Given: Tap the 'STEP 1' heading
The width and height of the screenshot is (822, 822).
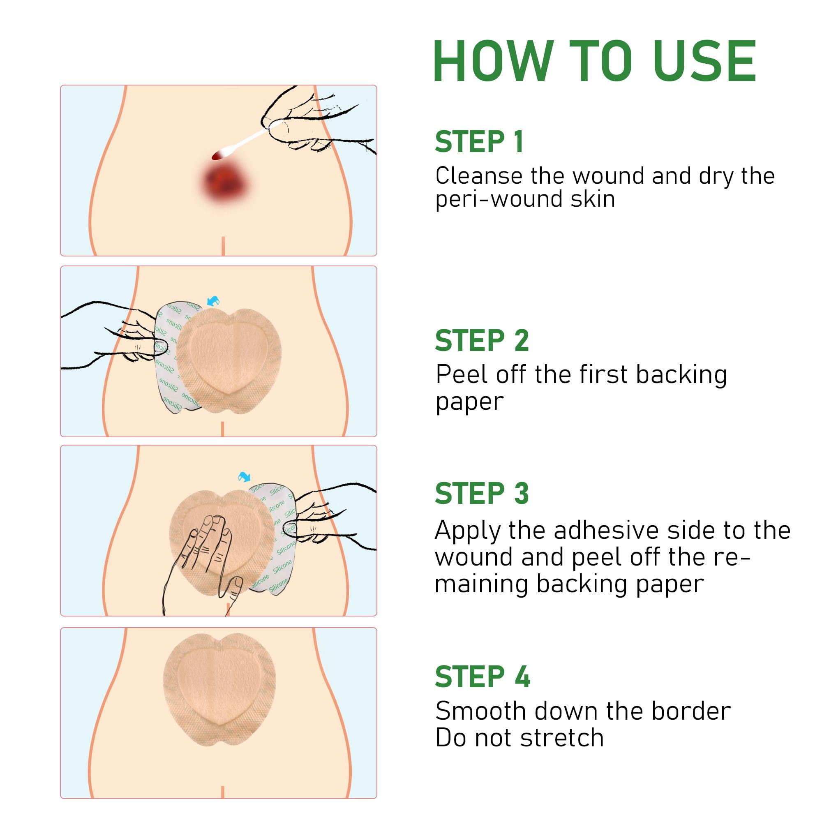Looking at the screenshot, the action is pyautogui.click(x=479, y=142).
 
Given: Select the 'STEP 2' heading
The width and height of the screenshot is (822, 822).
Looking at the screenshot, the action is pyautogui.click(x=482, y=340).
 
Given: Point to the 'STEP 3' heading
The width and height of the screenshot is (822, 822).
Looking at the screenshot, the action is pyautogui.click(x=482, y=494).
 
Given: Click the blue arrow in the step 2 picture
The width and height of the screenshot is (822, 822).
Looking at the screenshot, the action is pyautogui.click(x=213, y=301).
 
